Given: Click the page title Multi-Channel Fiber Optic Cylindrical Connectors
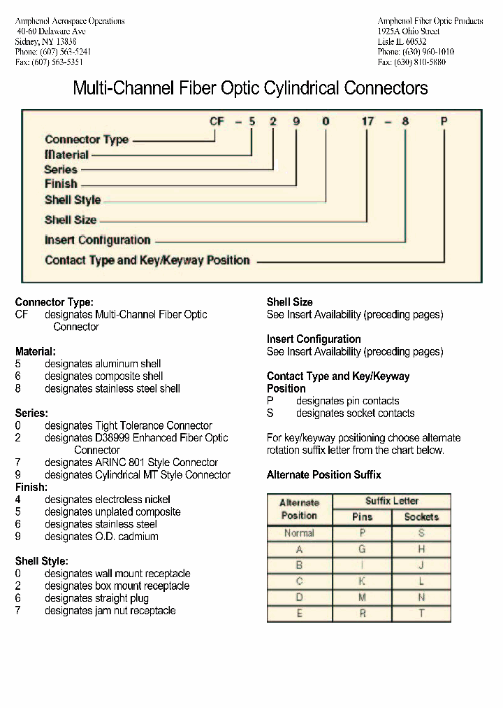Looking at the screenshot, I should click(x=251, y=89).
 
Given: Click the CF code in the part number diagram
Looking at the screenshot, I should click(x=217, y=121).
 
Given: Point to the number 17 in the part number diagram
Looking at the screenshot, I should click(x=367, y=121).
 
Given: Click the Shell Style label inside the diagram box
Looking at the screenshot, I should click(x=73, y=200).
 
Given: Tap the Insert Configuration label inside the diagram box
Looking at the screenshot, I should click(x=97, y=240).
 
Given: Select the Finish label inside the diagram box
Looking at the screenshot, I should click(x=61, y=184).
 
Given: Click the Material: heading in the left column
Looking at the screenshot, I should click(x=35, y=351).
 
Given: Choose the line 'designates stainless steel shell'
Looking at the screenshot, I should click(x=112, y=388).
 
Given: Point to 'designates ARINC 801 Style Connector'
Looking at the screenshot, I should click(x=131, y=462).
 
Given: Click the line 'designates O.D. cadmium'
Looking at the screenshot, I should click(x=101, y=537).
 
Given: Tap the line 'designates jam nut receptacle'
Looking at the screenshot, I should click(x=110, y=611).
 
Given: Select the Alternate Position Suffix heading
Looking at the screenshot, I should click(x=324, y=475).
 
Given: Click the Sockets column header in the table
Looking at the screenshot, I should click(x=421, y=517).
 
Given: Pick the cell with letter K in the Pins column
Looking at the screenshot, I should click(x=362, y=581).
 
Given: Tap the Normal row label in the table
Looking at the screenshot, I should click(x=299, y=533).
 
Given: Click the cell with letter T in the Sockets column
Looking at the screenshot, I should click(x=421, y=614).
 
